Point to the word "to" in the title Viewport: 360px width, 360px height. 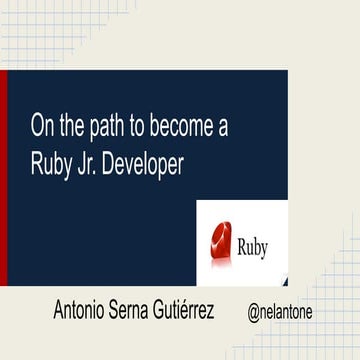154,125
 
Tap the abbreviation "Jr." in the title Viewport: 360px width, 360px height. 99,164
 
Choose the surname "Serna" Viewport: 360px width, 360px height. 150,311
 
